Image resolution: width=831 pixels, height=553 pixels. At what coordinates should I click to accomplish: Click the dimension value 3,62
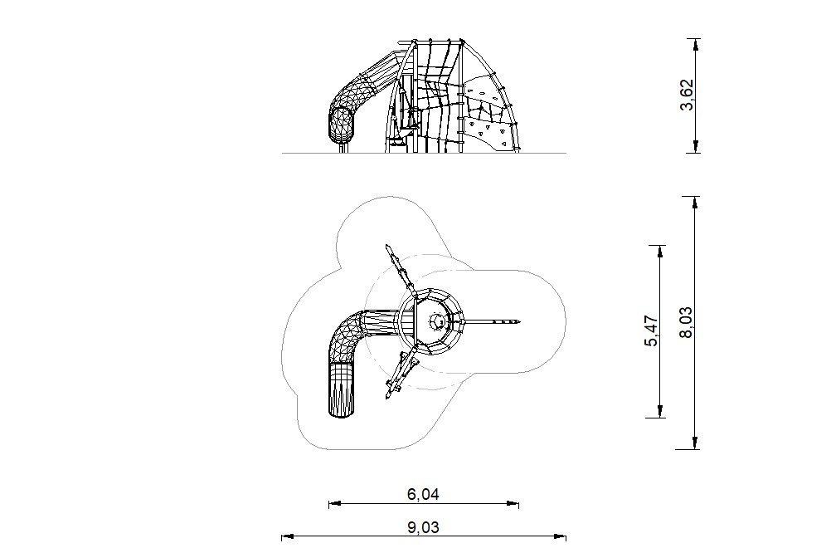[x=687, y=95]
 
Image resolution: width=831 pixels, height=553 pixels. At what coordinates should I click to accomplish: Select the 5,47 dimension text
[x=651, y=331]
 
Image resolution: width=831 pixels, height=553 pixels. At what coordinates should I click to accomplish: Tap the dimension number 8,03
[x=687, y=322]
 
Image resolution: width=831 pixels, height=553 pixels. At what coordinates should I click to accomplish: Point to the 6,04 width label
[x=423, y=495]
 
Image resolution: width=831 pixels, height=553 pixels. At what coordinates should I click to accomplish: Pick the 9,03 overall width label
[x=423, y=527]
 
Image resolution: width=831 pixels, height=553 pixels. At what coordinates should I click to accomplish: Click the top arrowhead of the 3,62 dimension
[x=695, y=44]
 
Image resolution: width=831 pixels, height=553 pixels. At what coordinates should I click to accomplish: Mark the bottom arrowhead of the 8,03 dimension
[x=695, y=443]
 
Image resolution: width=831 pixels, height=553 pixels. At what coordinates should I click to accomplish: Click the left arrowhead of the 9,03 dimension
[x=287, y=537]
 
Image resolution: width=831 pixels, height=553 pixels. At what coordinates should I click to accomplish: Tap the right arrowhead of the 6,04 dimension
[x=513, y=504]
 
